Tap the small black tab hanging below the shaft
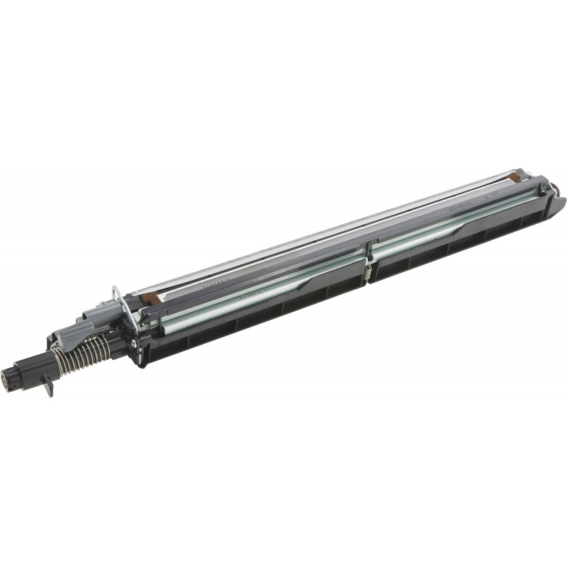48,389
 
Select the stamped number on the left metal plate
213,281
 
